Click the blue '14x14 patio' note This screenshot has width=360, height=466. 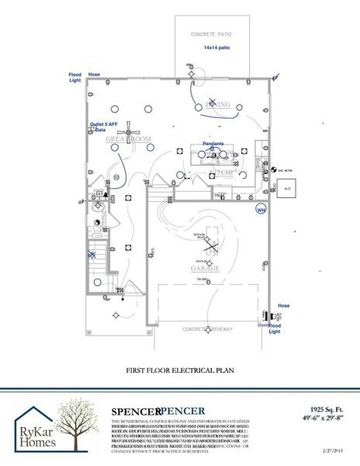click(x=217, y=47)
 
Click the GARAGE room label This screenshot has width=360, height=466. click(x=206, y=269)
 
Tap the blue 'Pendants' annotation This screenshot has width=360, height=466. click(x=213, y=144)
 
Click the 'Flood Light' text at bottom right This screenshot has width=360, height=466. click(x=275, y=326)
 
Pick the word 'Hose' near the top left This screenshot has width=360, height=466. click(x=94, y=75)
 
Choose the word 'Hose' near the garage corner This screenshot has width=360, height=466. click(x=283, y=306)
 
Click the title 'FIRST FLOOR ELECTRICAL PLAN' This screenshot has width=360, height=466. click(x=180, y=371)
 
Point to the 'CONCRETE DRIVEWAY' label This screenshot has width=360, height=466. click(x=208, y=329)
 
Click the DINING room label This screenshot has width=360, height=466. click(x=218, y=103)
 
